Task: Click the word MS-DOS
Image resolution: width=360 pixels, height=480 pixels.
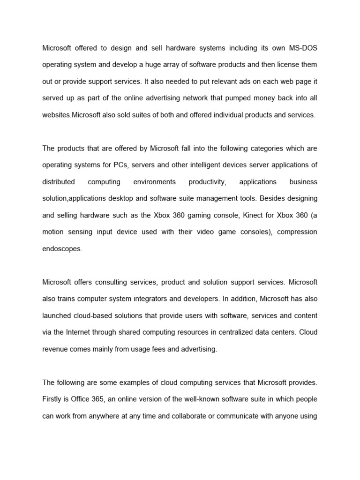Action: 302,48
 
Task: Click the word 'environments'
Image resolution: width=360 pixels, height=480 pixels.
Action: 154,182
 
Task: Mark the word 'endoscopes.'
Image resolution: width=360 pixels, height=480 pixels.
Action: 62,249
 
